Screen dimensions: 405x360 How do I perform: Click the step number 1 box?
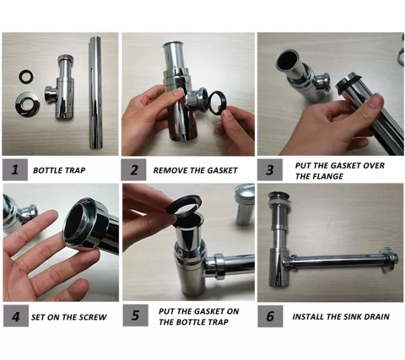coord(15,170)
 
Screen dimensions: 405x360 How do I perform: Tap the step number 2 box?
coord(134,170)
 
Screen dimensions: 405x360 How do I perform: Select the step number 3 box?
coord(269,170)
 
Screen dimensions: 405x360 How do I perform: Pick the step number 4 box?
coord(16,316)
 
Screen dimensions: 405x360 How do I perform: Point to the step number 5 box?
coord(136,316)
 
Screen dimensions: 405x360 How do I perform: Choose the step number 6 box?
coord(270,316)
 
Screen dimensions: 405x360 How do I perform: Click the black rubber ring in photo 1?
coord(26,76)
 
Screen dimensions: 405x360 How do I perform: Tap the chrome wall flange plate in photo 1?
coord(28,104)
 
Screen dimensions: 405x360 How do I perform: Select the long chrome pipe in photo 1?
coord(96,93)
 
